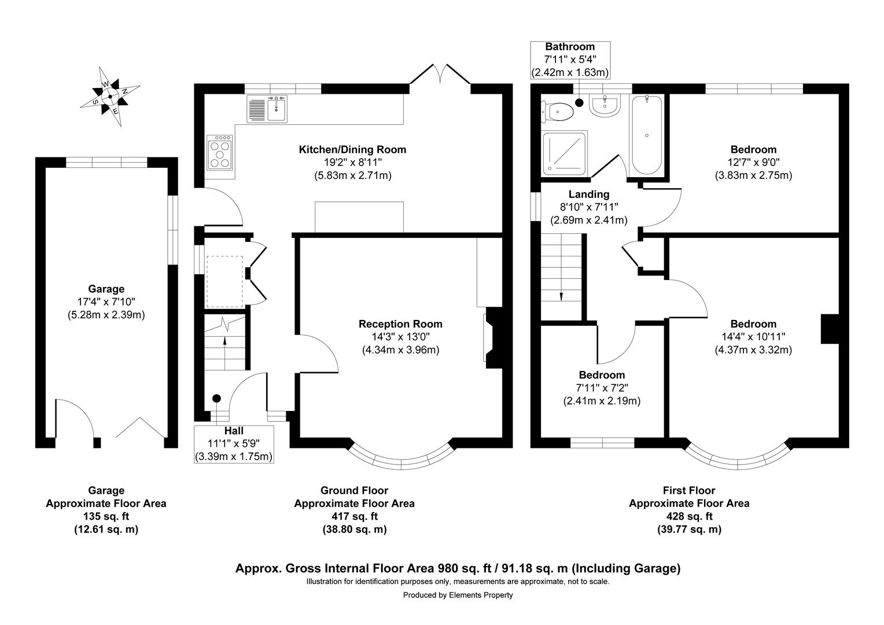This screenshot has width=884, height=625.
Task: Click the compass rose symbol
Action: (109, 96)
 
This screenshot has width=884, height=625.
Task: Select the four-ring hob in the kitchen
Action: (220, 153)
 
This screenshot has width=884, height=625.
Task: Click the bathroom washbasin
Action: (604, 105)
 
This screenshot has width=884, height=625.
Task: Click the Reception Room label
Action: (400, 324)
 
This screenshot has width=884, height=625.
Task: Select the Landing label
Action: (588, 194)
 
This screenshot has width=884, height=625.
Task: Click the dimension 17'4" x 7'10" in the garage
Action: (106, 302)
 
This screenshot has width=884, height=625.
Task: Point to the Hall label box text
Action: (233, 431)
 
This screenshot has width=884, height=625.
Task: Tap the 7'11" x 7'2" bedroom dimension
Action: (602, 388)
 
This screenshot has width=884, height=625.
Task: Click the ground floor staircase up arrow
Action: (224, 343)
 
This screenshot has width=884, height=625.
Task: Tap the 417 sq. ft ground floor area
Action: (354, 516)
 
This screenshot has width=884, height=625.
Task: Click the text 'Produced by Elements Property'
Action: (458, 595)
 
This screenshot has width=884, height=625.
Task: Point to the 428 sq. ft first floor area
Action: (689, 516)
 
